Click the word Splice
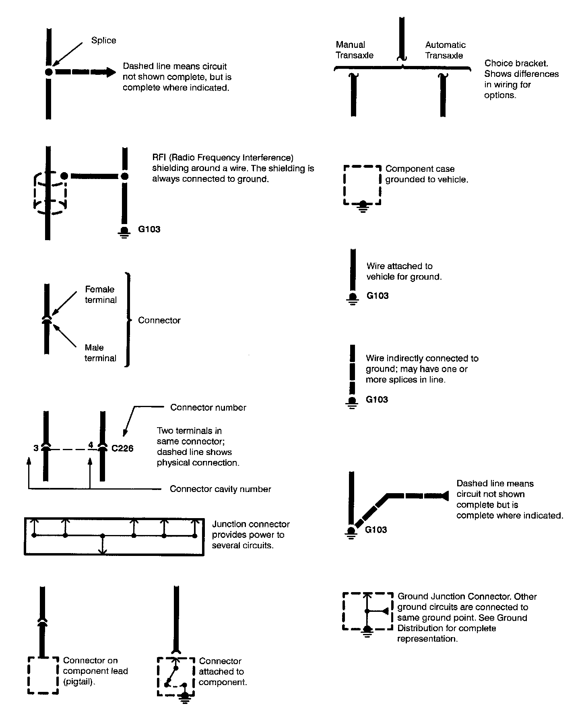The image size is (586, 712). pos(103,40)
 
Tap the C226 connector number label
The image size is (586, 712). pos(122,448)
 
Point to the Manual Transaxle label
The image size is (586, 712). pos(354,50)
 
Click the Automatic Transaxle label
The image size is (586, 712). pos(445,50)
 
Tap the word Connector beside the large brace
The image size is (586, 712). pos(159,320)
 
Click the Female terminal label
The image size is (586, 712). pos(100,294)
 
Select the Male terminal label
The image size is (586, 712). pos(100,353)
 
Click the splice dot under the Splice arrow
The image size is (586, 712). pos(49,72)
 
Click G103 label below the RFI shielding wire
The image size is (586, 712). pos(149,229)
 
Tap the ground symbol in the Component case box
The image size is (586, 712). pos(363,205)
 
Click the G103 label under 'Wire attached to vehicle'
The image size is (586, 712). pos(377,296)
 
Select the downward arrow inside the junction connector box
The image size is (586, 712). pos(103,549)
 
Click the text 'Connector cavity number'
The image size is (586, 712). pos(220,489)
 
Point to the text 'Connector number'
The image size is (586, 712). pos(208,407)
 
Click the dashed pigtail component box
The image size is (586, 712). pos(43,675)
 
